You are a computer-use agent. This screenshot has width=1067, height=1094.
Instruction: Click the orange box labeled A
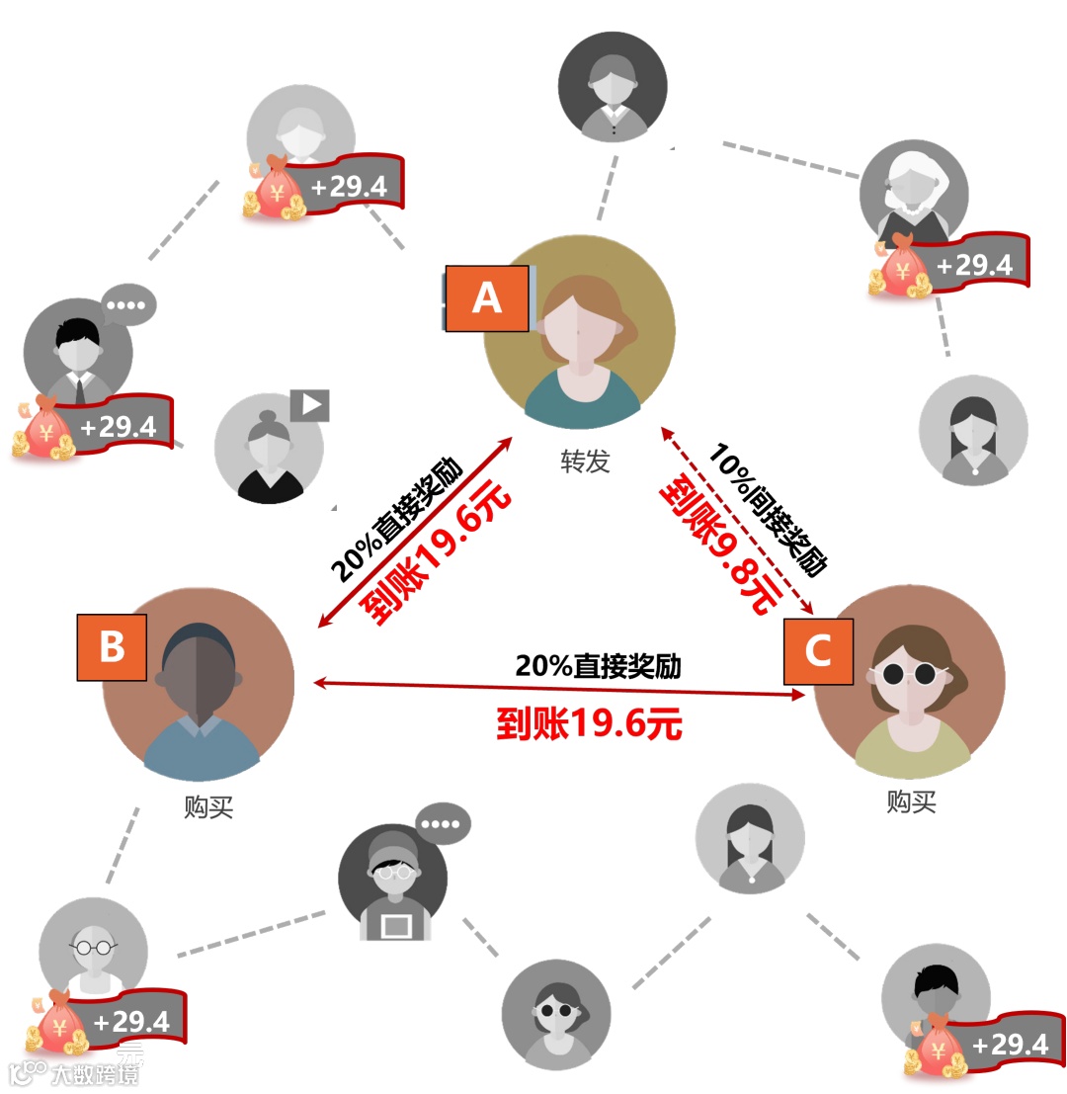tap(486, 298)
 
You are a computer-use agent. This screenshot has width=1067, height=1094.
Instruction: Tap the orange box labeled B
tap(112, 647)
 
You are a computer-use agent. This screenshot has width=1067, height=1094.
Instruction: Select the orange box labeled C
tap(818, 651)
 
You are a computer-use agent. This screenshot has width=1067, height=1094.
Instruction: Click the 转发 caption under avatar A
tap(585, 461)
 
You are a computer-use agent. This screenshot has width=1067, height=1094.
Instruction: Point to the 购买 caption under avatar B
tap(208, 807)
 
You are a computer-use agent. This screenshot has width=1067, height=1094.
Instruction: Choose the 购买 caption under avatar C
tap(911, 801)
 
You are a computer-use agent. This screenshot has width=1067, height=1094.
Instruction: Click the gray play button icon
tap(309, 405)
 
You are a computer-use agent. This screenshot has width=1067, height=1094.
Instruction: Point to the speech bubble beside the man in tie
tap(128, 304)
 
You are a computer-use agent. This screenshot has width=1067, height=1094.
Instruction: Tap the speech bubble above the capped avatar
tap(443, 823)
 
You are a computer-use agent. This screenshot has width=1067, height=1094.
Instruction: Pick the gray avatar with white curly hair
tap(913, 193)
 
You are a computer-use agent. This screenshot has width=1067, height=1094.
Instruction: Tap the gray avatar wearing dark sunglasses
tap(555, 1014)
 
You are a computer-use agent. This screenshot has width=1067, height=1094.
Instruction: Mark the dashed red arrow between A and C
tap(736, 519)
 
